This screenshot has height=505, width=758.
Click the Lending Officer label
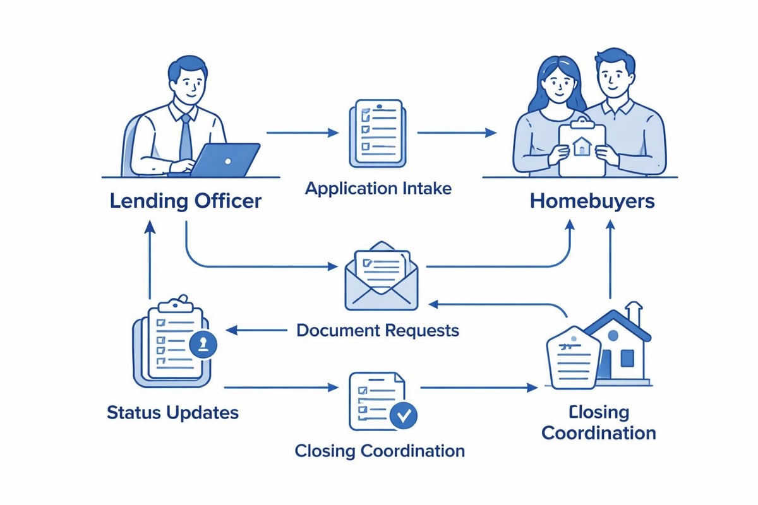184,202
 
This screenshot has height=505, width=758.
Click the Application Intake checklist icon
376,133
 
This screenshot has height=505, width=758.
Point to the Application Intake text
378,188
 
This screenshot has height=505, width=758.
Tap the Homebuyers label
592,202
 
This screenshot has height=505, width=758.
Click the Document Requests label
378,330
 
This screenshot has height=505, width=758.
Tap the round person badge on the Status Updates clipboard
203,344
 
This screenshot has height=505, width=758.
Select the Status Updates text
172,413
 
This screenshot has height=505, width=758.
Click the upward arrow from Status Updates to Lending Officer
150,262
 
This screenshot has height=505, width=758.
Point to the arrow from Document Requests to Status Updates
253,330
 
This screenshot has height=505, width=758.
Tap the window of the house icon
627,358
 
